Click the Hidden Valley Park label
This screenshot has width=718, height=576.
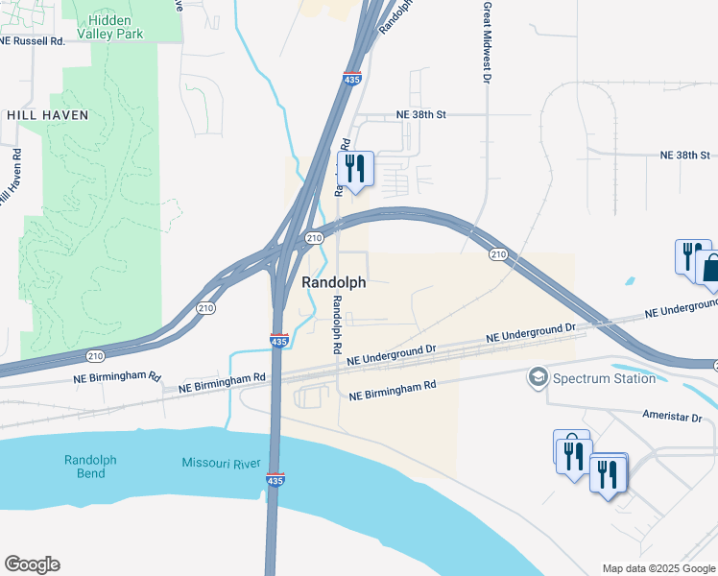123,28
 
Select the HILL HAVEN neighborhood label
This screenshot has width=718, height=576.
47,115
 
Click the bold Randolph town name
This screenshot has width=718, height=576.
333,282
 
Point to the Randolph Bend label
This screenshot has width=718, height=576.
90,468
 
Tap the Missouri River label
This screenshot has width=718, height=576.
222,464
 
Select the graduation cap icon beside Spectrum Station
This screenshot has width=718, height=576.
537,377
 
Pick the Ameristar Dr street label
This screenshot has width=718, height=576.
671,418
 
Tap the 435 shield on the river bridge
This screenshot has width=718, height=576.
275,479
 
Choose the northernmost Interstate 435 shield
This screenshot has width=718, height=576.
353,81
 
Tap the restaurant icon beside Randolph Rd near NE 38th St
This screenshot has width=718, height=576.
356,169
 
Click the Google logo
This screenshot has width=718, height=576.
32,564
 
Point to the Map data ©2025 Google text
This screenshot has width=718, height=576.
658,568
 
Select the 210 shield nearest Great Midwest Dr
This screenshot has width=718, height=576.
498,253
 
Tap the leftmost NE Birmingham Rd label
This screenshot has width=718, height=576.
117,377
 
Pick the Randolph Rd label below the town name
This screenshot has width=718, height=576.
338,327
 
